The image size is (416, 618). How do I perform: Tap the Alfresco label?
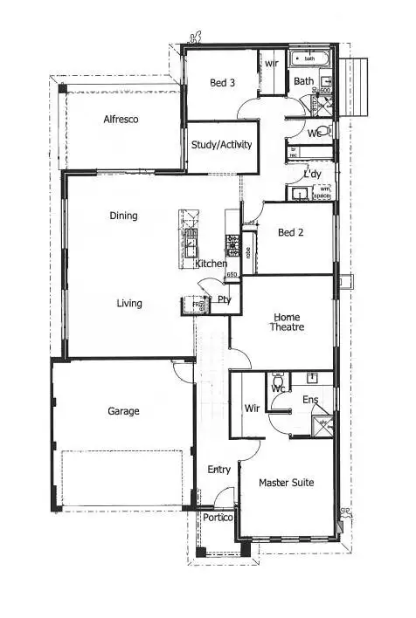click(x=121, y=119)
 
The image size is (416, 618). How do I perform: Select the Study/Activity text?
click(x=222, y=145)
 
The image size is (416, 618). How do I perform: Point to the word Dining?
click(x=123, y=216)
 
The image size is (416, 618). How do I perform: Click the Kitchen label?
click(x=211, y=264)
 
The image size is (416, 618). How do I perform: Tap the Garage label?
click(x=123, y=411)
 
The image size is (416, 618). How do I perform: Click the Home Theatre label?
click(x=288, y=322)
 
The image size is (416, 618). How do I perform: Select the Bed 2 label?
click(x=290, y=233)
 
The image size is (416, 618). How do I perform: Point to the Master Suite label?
click(x=288, y=483)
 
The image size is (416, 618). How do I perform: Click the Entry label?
click(x=218, y=470)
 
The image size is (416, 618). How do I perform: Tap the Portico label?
click(x=218, y=518)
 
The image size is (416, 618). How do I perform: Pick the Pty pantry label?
click(x=224, y=300)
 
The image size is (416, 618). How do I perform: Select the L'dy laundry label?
click(x=312, y=175)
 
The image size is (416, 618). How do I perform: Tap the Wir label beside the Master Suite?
click(x=252, y=408)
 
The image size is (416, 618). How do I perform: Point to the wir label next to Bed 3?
click(x=272, y=64)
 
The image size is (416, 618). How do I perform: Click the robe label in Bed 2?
click(x=248, y=254)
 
